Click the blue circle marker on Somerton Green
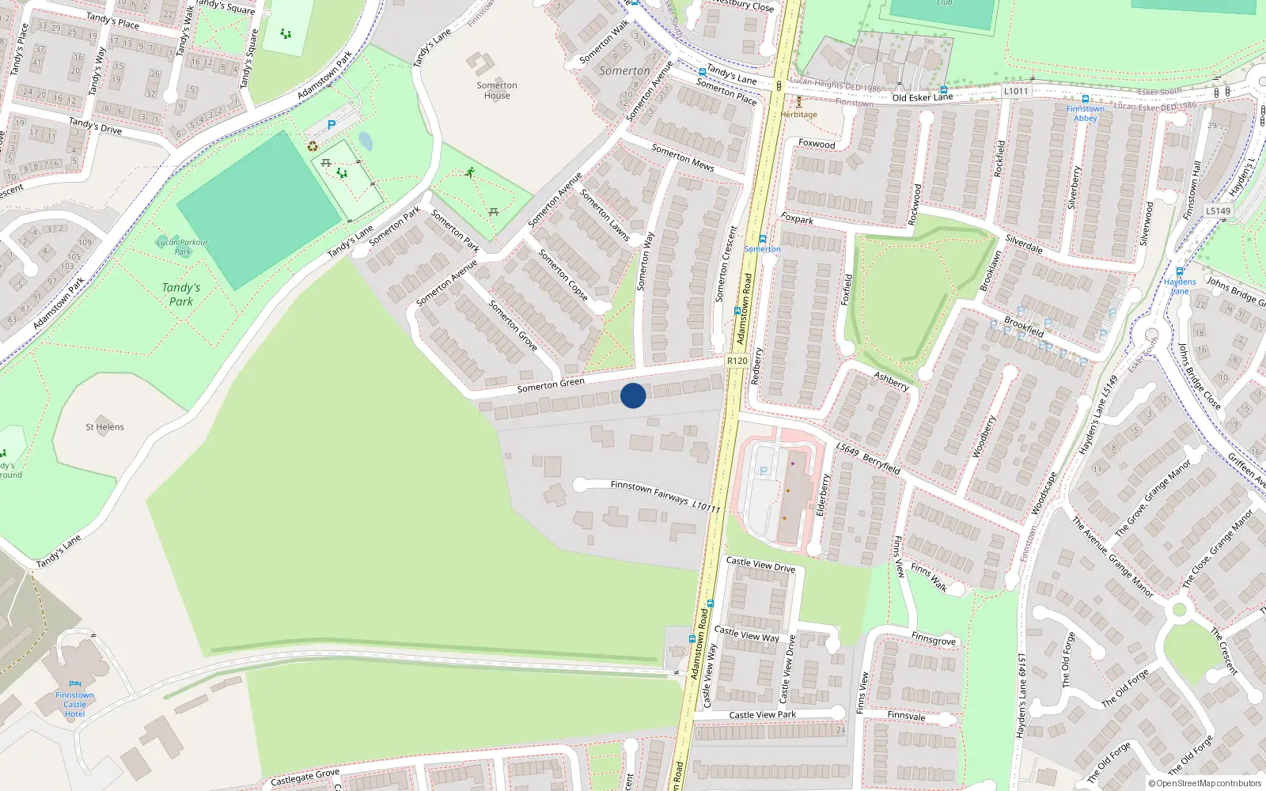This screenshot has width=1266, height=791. click(633, 395)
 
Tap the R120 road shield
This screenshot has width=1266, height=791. click(737, 361)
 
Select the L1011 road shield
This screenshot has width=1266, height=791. click(1016, 91)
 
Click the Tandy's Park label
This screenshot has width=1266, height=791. click(181, 294)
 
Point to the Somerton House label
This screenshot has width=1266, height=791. click(497, 90)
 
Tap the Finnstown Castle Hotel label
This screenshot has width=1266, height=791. click(74, 704)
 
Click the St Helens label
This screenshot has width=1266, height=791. click(104, 427)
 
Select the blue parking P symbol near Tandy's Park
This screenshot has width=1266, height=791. click(332, 125)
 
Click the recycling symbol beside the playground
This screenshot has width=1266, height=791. click(313, 146)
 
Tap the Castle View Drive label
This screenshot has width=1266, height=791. click(760, 565)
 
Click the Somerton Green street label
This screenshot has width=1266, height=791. click(551, 385)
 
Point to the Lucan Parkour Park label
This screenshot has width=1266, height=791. click(182, 247)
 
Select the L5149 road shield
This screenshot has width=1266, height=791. click(1219, 211)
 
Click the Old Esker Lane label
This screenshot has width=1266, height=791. click(923, 97)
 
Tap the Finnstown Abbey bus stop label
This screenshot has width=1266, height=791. click(1085, 114)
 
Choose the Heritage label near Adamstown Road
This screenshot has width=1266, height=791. click(798, 115)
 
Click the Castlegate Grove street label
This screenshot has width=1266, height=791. click(305, 778)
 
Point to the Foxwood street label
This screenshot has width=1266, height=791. click(817, 144)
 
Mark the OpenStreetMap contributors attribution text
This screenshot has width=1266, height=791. click(1205, 784)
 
